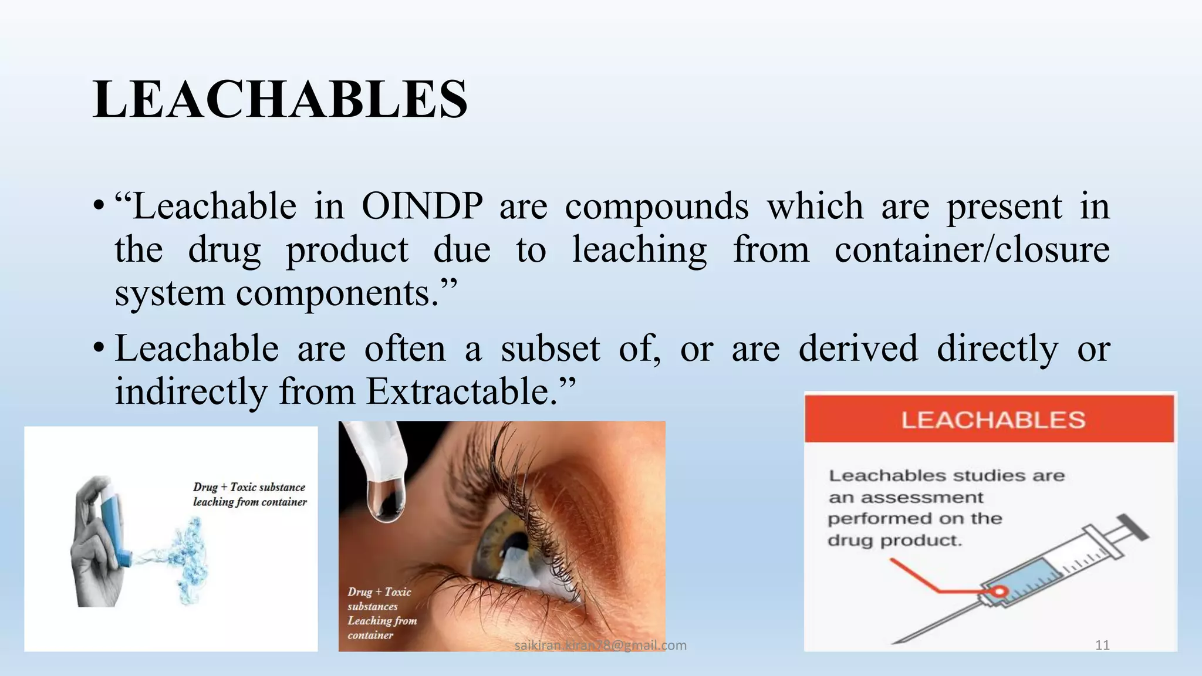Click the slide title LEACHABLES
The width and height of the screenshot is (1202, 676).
(280, 99)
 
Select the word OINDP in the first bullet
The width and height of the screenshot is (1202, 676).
(422, 206)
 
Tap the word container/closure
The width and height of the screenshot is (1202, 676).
(972, 249)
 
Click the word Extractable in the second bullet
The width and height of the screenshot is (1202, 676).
(458, 391)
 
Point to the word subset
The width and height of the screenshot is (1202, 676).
(550, 348)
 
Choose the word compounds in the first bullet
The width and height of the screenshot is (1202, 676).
(657, 206)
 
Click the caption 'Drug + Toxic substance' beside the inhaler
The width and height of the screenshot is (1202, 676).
(249, 487)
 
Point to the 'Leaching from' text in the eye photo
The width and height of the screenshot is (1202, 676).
(382, 620)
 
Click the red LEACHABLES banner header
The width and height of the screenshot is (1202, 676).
(990, 419)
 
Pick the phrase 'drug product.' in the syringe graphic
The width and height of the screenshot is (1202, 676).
(894, 540)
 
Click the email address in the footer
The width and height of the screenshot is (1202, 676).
(600, 645)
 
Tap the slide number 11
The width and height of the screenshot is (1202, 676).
(1102, 645)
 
